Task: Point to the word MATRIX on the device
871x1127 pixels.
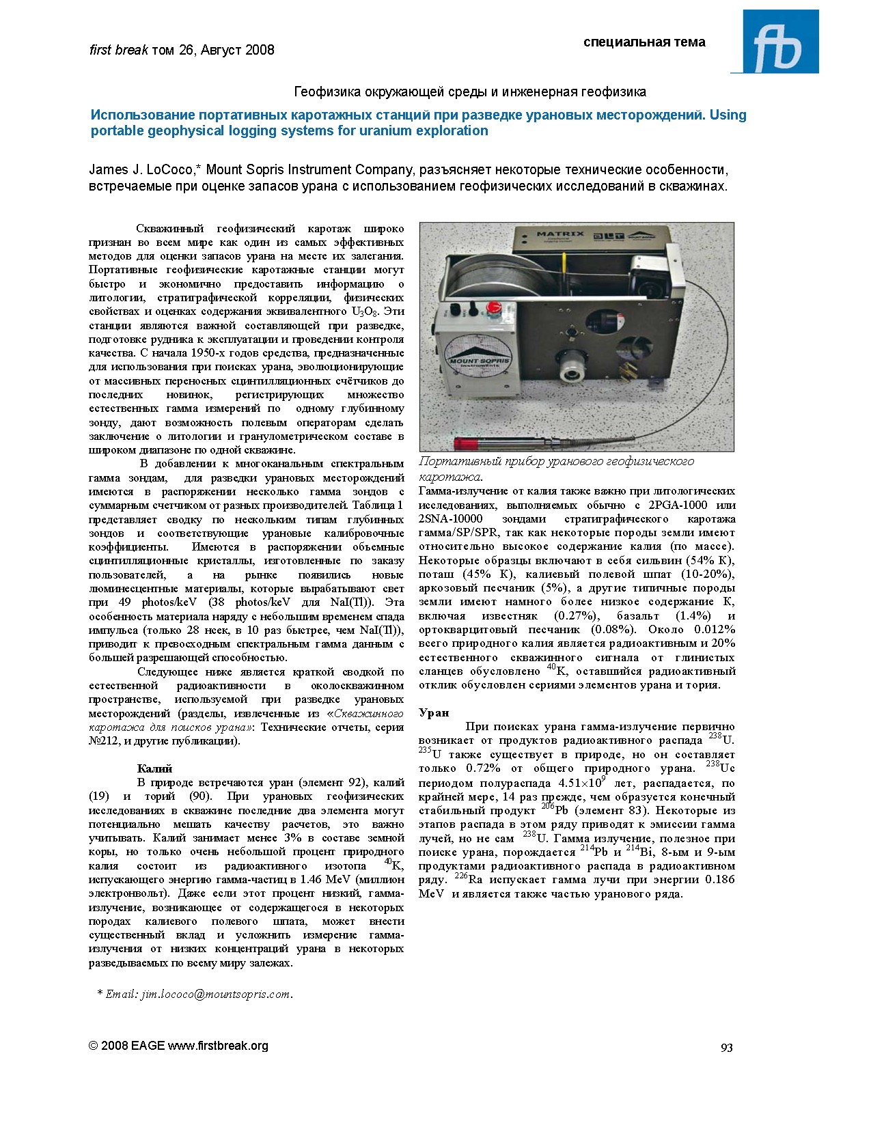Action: pos(560,234)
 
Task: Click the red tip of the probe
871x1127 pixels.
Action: pos(466,443)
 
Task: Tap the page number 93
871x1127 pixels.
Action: pos(727,1048)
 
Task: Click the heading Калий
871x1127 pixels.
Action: pos(154,768)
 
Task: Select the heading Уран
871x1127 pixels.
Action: pos(434,712)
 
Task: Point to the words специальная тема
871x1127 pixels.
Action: pos(644,42)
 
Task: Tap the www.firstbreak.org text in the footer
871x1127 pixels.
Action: pos(218,1046)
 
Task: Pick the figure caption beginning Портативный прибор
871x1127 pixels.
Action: pos(556,462)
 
